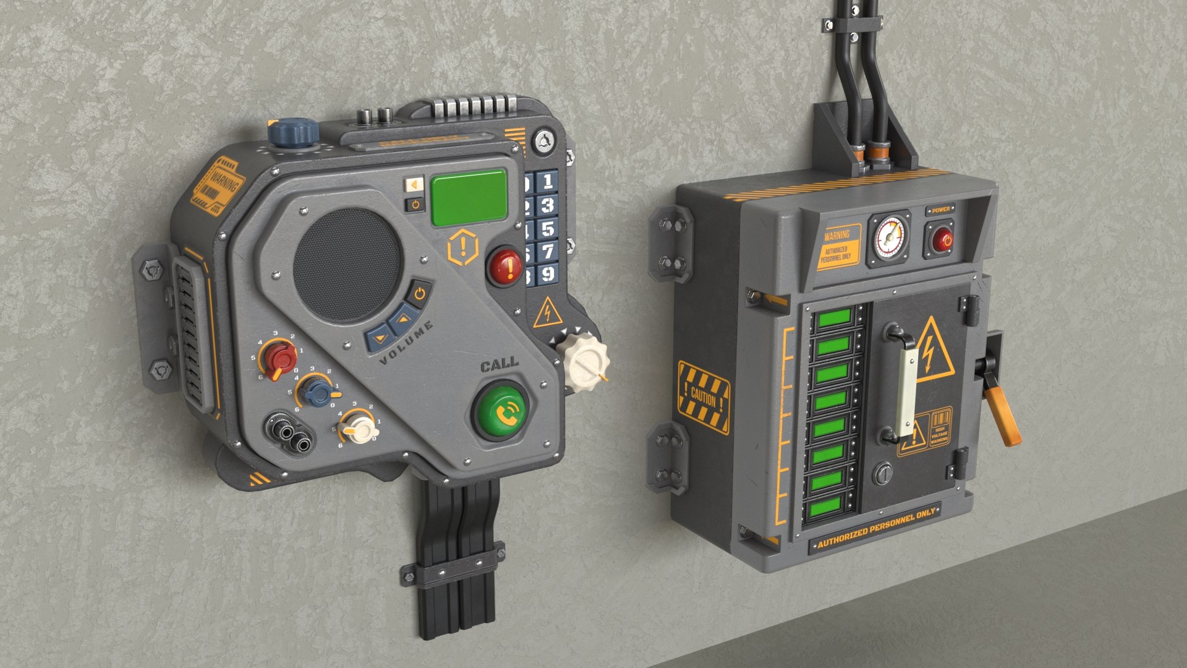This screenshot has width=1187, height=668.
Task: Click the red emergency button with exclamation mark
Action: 505,266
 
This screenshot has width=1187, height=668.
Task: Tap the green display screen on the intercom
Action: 469,197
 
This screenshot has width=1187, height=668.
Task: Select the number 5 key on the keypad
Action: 547,229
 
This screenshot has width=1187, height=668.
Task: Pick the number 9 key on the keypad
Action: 547,273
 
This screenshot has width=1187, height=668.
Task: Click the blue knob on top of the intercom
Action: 293,132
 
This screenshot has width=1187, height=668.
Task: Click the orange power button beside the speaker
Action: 419,293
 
